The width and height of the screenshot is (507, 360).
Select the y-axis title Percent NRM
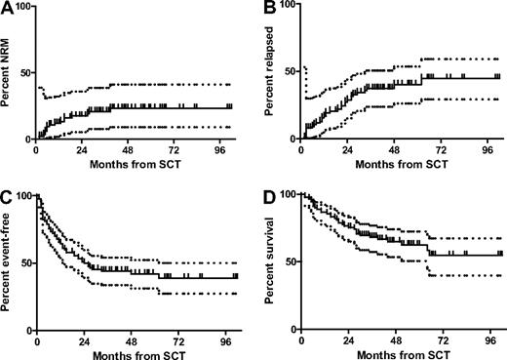(8, 78)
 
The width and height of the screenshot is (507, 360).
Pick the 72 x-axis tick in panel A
(176, 151)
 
